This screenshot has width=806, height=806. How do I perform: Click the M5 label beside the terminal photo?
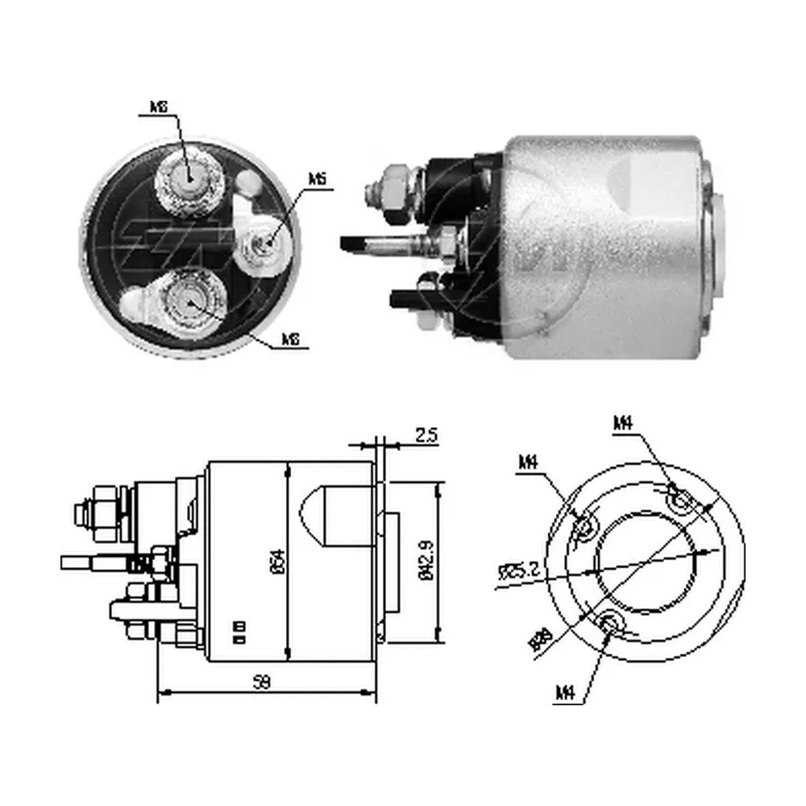coord(317,179)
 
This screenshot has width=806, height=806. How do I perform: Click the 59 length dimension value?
coord(261,682)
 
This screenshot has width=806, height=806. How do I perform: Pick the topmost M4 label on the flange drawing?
coord(622,422)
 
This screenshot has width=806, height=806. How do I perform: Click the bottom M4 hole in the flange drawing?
coord(612,622)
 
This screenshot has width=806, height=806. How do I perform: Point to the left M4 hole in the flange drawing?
coord(584,526)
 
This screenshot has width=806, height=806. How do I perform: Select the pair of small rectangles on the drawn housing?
coord(239,631)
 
